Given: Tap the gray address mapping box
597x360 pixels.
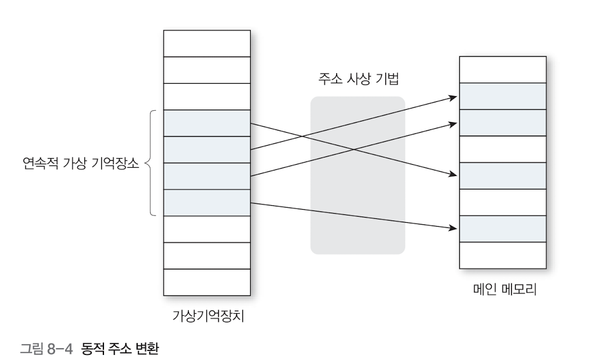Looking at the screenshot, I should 358,175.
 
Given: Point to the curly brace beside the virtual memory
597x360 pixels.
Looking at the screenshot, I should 150,164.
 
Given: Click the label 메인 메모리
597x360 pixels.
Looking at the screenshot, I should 502,291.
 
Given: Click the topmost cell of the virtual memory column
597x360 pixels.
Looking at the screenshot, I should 207,43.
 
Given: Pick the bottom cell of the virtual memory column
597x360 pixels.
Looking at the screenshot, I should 207,283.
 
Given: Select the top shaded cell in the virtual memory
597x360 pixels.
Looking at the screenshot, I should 207,123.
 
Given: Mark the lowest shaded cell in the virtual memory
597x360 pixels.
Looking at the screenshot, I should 207,202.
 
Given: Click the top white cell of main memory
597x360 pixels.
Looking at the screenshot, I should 502,69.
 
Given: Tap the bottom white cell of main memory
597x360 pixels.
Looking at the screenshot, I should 502,255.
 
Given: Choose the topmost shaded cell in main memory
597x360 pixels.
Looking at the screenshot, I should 502,96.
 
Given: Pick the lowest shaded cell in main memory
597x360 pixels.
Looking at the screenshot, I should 502,228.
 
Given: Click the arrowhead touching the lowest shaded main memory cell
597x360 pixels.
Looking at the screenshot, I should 453,228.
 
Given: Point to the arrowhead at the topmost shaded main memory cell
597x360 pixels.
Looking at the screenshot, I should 453,98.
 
